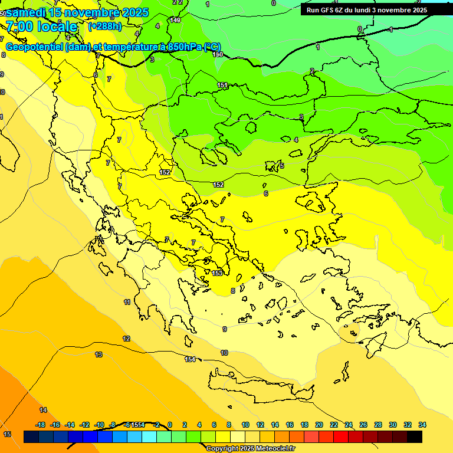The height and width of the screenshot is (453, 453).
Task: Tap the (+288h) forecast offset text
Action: point(104,26)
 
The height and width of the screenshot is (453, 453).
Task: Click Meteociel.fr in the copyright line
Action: point(268,449)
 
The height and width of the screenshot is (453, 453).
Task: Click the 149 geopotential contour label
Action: point(175,21)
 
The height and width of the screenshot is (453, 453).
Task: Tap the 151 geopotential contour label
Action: point(222,86)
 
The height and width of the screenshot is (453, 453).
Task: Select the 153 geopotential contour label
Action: point(217,273)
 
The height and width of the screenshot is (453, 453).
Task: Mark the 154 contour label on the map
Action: point(190,359)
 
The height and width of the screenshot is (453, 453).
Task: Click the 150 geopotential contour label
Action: point(218,54)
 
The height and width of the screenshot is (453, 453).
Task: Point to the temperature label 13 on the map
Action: point(99,354)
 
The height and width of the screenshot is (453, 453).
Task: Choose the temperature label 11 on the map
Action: point(127,302)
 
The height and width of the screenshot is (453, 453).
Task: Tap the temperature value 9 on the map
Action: point(224,329)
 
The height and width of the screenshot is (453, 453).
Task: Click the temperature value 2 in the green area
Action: point(312,71)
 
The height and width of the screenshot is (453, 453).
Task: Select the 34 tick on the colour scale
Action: point(422,425)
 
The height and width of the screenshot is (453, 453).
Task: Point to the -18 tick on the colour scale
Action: point(41,425)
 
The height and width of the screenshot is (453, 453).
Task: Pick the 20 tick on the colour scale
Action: point(319,425)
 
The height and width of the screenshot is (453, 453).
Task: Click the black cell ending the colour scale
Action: point(415,437)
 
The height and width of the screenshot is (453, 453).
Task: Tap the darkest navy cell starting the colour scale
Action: point(31,437)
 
